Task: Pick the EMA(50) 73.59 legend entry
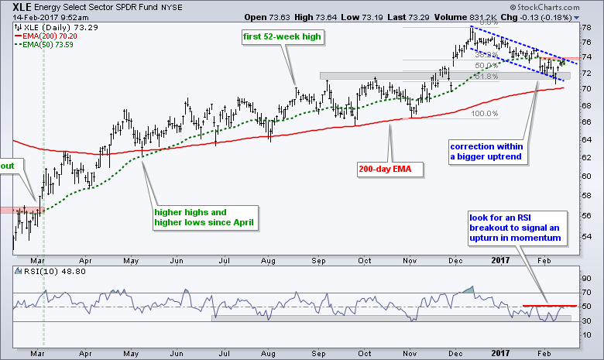pos(46,43)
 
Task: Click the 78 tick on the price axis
pos(587,26)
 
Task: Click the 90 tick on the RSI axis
pos(587,276)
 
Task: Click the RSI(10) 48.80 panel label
pos(39,272)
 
